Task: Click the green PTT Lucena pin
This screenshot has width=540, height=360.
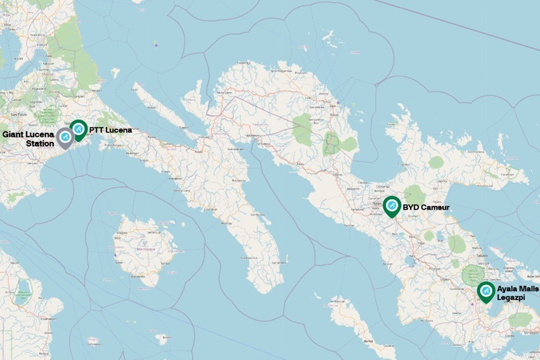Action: coord(78,129)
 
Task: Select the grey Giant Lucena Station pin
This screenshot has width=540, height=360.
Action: coord(65,137)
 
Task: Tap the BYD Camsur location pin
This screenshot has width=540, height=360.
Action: coord(392,206)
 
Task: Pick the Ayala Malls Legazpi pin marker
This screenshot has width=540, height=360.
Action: coord(486,292)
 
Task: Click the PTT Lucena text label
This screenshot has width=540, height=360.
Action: coord(111,131)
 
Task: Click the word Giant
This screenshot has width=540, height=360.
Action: coord(13,134)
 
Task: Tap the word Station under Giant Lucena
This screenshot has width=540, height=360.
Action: coord(39,144)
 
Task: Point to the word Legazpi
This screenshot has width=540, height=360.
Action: coord(511,297)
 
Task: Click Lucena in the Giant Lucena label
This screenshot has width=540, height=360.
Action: coord(40,134)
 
